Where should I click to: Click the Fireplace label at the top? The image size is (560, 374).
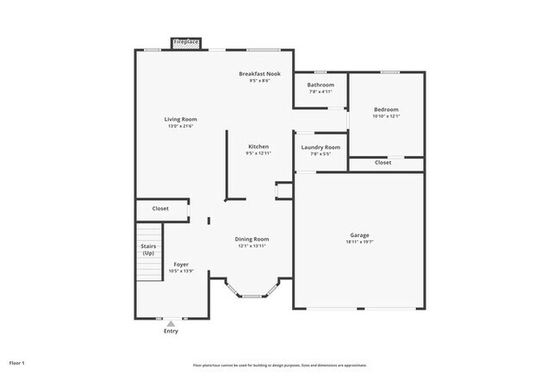click(186, 42)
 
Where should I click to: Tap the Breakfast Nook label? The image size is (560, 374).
click(259, 75)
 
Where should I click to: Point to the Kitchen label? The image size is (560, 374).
click(258, 146)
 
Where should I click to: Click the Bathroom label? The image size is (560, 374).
click(320, 84)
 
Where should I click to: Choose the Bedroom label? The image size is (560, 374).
click(386, 109)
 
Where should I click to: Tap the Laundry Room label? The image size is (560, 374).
click(320, 147)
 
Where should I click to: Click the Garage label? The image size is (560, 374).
click(359, 235)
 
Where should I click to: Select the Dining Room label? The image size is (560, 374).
click(252, 239)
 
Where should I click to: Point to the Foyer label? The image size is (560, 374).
click(181, 265)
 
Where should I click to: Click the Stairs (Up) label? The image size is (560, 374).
click(148, 250)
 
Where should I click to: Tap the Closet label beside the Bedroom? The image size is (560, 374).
click(383, 162)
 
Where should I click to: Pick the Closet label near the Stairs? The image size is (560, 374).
click(160, 209)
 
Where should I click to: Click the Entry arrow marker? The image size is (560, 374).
click(171, 322)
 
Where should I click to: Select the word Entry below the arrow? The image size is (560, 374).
click(171, 331)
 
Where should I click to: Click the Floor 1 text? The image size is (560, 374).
click(17, 363)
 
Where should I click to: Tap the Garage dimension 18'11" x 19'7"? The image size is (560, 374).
click(359, 242)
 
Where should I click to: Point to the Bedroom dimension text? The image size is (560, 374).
click(386, 116)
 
